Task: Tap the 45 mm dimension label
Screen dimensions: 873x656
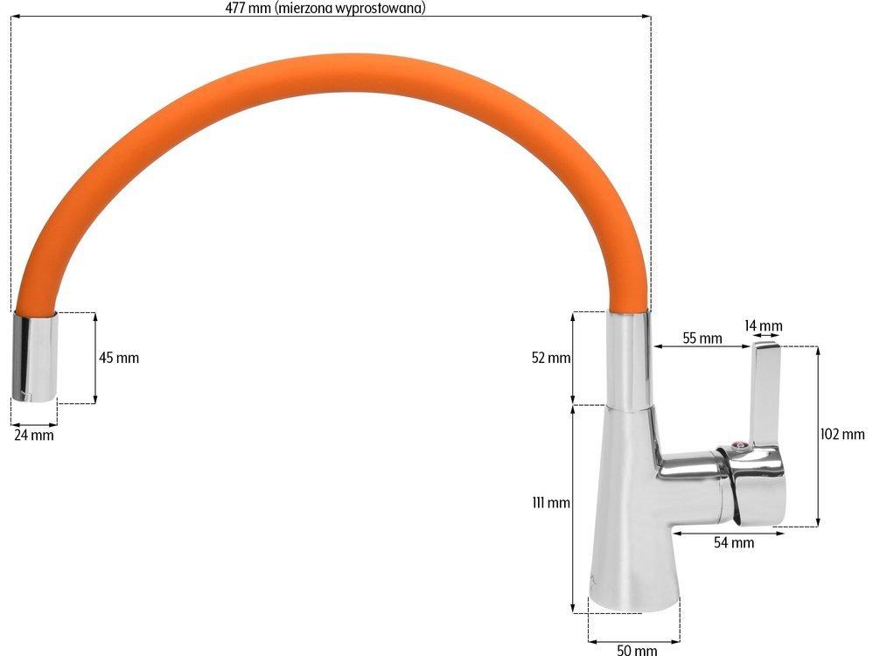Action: (x=119, y=358)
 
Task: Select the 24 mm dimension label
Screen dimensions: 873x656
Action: (x=34, y=435)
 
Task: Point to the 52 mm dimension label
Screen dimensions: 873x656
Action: (x=551, y=358)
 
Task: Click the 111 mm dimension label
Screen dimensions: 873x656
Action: (x=551, y=503)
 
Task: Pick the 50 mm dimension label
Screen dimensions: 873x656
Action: (x=637, y=649)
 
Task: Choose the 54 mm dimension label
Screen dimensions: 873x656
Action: (x=735, y=542)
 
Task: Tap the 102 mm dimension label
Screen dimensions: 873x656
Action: (x=842, y=434)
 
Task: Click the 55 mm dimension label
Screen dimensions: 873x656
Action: (x=702, y=338)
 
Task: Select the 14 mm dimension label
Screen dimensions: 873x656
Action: (x=764, y=325)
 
